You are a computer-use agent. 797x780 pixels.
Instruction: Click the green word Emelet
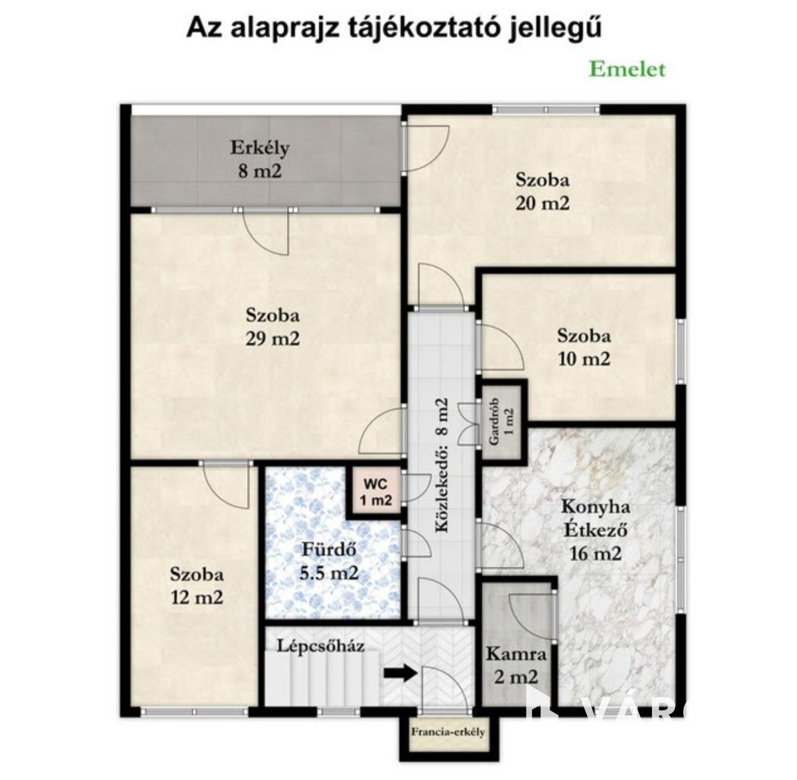(627, 69)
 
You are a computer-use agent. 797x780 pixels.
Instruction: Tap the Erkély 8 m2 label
(260, 159)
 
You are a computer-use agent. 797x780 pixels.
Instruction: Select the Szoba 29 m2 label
(272, 327)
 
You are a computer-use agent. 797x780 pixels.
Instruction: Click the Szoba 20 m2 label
(542, 191)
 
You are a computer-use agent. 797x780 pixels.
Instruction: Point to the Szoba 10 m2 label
(584, 347)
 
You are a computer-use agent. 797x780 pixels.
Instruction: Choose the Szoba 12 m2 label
(197, 586)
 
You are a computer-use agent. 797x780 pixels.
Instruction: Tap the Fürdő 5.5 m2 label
(329, 561)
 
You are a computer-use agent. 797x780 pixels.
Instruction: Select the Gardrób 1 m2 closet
(501, 422)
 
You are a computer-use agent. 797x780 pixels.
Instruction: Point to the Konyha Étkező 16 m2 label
(595, 530)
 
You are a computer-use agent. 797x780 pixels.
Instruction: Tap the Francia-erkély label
(448, 732)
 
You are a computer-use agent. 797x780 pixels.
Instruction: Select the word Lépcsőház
(321, 646)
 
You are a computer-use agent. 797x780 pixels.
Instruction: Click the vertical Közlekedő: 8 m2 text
(442, 466)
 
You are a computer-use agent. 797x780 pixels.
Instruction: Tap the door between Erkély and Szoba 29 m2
(266, 232)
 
